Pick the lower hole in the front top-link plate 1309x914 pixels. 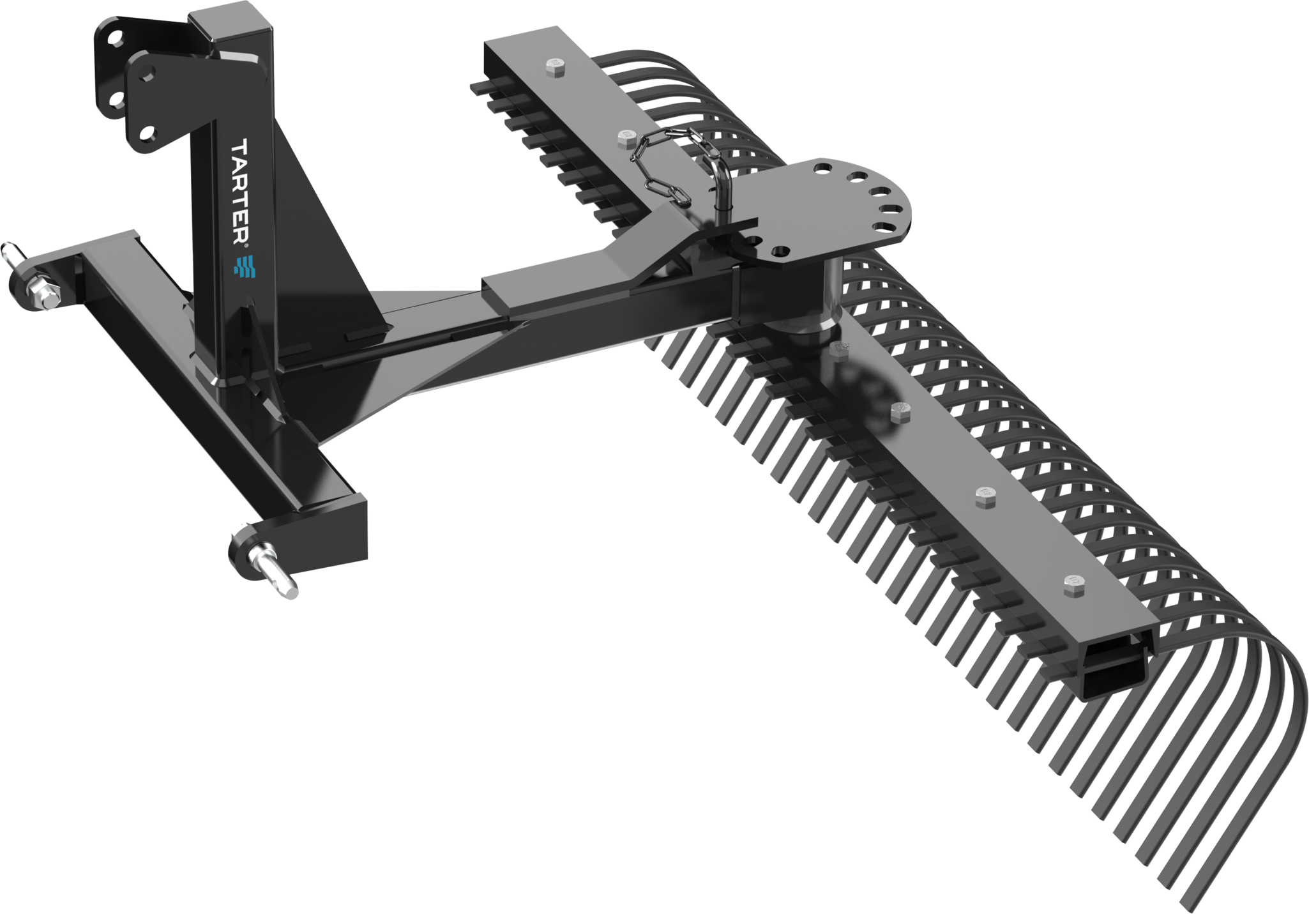(148, 132)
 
